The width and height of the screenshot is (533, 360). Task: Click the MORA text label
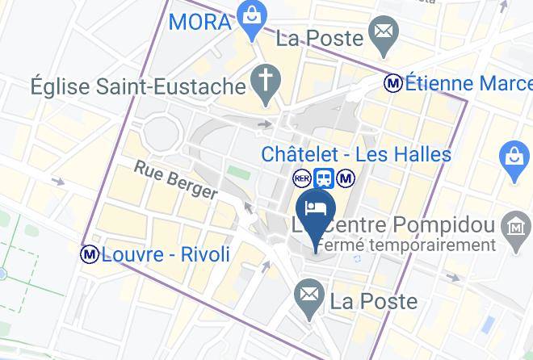pos(199,21)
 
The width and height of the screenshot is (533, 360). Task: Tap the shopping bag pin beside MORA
pos(253,15)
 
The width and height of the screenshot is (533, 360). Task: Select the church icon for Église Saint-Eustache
pos(263,80)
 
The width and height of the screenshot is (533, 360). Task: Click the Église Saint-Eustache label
pos(137,85)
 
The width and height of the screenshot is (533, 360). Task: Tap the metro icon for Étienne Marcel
pos(393,82)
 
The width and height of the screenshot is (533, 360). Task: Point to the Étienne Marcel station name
pos(468,83)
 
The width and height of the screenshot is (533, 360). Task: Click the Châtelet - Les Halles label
pos(356,153)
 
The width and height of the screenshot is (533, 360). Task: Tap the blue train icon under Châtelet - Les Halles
pos(324,178)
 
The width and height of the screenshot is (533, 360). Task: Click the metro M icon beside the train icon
pos(346,178)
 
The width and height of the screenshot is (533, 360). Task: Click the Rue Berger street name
pos(175,179)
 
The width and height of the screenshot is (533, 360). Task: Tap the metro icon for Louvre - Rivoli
pos(89,254)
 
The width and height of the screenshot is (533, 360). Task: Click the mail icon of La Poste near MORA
pos(381,34)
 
